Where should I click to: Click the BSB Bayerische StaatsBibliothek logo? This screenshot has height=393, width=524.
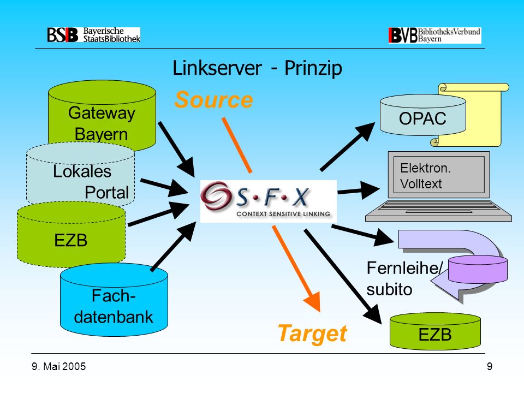pyautogui.click(x=93, y=35)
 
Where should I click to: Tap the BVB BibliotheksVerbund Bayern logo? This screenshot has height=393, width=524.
pyautogui.click(x=435, y=35)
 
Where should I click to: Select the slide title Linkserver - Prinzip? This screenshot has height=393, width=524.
pyautogui.click(x=257, y=68)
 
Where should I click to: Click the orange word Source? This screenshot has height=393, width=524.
pyautogui.click(x=213, y=99)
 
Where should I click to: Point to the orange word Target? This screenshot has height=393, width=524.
pyautogui.click(x=312, y=334)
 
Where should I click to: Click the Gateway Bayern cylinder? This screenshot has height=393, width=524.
pyautogui.click(x=102, y=114)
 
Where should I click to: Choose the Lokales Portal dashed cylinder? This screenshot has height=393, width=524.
pyautogui.click(x=81, y=174)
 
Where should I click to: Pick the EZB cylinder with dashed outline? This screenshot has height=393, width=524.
pyautogui.click(x=71, y=235)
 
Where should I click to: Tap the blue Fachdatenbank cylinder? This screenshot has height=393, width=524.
pyautogui.click(x=114, y=300)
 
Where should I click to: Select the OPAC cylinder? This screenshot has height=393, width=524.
pyautogui.click(x=422, y=115)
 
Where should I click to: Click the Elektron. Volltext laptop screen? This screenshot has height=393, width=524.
pyautogui.click(x=439, y=175)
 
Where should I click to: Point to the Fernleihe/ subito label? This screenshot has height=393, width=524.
pyautogui.click(x=404, y=278)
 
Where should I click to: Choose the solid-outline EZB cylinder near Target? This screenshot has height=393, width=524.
pyautogui.click(x=435, y=331)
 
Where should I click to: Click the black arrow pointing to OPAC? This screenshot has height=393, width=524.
pyautogui.click(x=348, y=146)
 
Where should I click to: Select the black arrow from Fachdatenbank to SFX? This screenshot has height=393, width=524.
pyautogui.click(x=174, y=246)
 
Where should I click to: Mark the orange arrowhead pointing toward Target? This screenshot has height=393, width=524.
pyautogui.click(x=312, y=301)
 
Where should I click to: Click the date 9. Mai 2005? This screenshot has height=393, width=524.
pyautogui.click(x=59, y=367)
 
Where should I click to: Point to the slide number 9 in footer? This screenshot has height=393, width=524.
pyautogui.click(x=490, y=367)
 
